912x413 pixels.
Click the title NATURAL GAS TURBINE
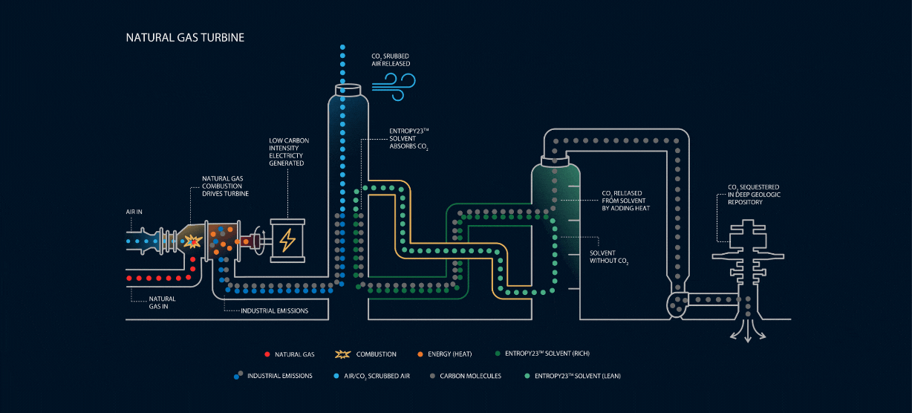click(x=185, y=36)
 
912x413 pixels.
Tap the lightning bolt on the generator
click(x=287, y=240)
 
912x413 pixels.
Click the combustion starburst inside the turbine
click(x=193, y=241)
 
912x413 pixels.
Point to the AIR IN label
click(x=134, y=212)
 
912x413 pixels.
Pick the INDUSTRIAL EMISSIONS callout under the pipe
click(x=274, y=310)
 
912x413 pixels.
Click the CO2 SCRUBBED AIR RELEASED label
click(x=391, y=59)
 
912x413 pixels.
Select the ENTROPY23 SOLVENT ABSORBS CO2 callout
click(x=409, y=139)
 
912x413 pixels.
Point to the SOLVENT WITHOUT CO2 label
click(x=608, y=257)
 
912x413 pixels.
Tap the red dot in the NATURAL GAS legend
click(x=266, y=354)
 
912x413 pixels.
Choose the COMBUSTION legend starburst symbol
click(x=343, y=354)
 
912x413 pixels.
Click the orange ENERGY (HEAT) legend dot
click(x=420, y=354)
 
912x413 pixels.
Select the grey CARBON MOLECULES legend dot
click(x=433, y=376)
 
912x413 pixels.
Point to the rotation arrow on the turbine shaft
click(x=257, y=241)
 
